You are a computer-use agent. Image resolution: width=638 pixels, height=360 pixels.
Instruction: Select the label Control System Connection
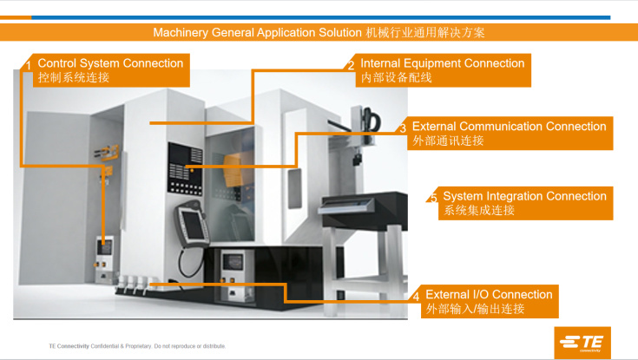(110, 63)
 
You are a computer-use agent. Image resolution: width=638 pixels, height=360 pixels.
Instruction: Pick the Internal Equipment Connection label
(442, 63)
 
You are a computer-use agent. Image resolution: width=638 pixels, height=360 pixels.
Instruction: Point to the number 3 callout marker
(403, 128)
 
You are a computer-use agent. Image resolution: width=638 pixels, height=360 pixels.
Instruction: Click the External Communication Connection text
(509, 126)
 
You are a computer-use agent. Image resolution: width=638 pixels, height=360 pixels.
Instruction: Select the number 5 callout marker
(434, 199)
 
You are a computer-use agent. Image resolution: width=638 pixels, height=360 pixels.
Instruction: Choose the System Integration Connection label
(524, 196)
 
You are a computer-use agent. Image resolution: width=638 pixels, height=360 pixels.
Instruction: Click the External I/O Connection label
(489, 294)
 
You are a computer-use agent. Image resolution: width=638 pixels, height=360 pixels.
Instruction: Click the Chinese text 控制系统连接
(74, 77)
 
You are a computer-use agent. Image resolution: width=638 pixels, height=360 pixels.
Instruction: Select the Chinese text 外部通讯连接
(448, 141)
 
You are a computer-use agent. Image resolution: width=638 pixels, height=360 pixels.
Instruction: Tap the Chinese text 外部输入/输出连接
(475, 309)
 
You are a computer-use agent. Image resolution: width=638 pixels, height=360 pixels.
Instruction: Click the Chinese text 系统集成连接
(479, 210)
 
